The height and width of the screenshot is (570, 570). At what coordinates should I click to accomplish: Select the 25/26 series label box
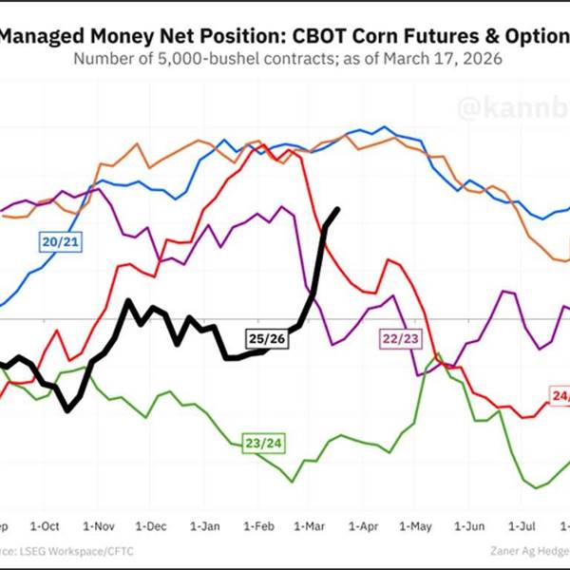tap(265, 338)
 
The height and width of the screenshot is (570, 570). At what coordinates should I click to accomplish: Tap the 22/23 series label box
tap(402, 338)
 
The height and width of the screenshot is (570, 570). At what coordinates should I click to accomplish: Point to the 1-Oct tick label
tap(45, 525)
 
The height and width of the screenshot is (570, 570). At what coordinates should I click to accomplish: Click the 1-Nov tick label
tap(99, 525)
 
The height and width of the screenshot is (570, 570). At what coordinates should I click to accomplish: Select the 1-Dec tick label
tap(152, 525)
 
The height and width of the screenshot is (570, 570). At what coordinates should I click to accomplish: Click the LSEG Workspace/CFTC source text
tap(66, 550)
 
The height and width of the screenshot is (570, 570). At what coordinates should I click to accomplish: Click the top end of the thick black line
tap(338, 210)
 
